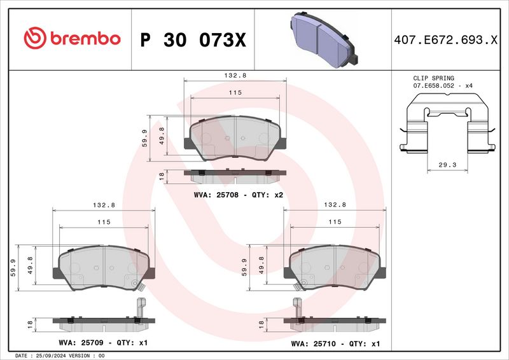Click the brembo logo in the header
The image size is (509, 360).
71,38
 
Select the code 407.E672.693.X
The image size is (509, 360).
445,39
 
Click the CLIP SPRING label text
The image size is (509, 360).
433,78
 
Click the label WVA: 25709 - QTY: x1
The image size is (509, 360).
104,343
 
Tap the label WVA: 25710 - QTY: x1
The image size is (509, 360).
335,343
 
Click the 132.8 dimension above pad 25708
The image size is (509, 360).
235,75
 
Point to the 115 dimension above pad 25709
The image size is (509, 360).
104,222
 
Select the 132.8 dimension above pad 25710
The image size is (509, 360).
335,205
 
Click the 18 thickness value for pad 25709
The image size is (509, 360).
29,324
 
